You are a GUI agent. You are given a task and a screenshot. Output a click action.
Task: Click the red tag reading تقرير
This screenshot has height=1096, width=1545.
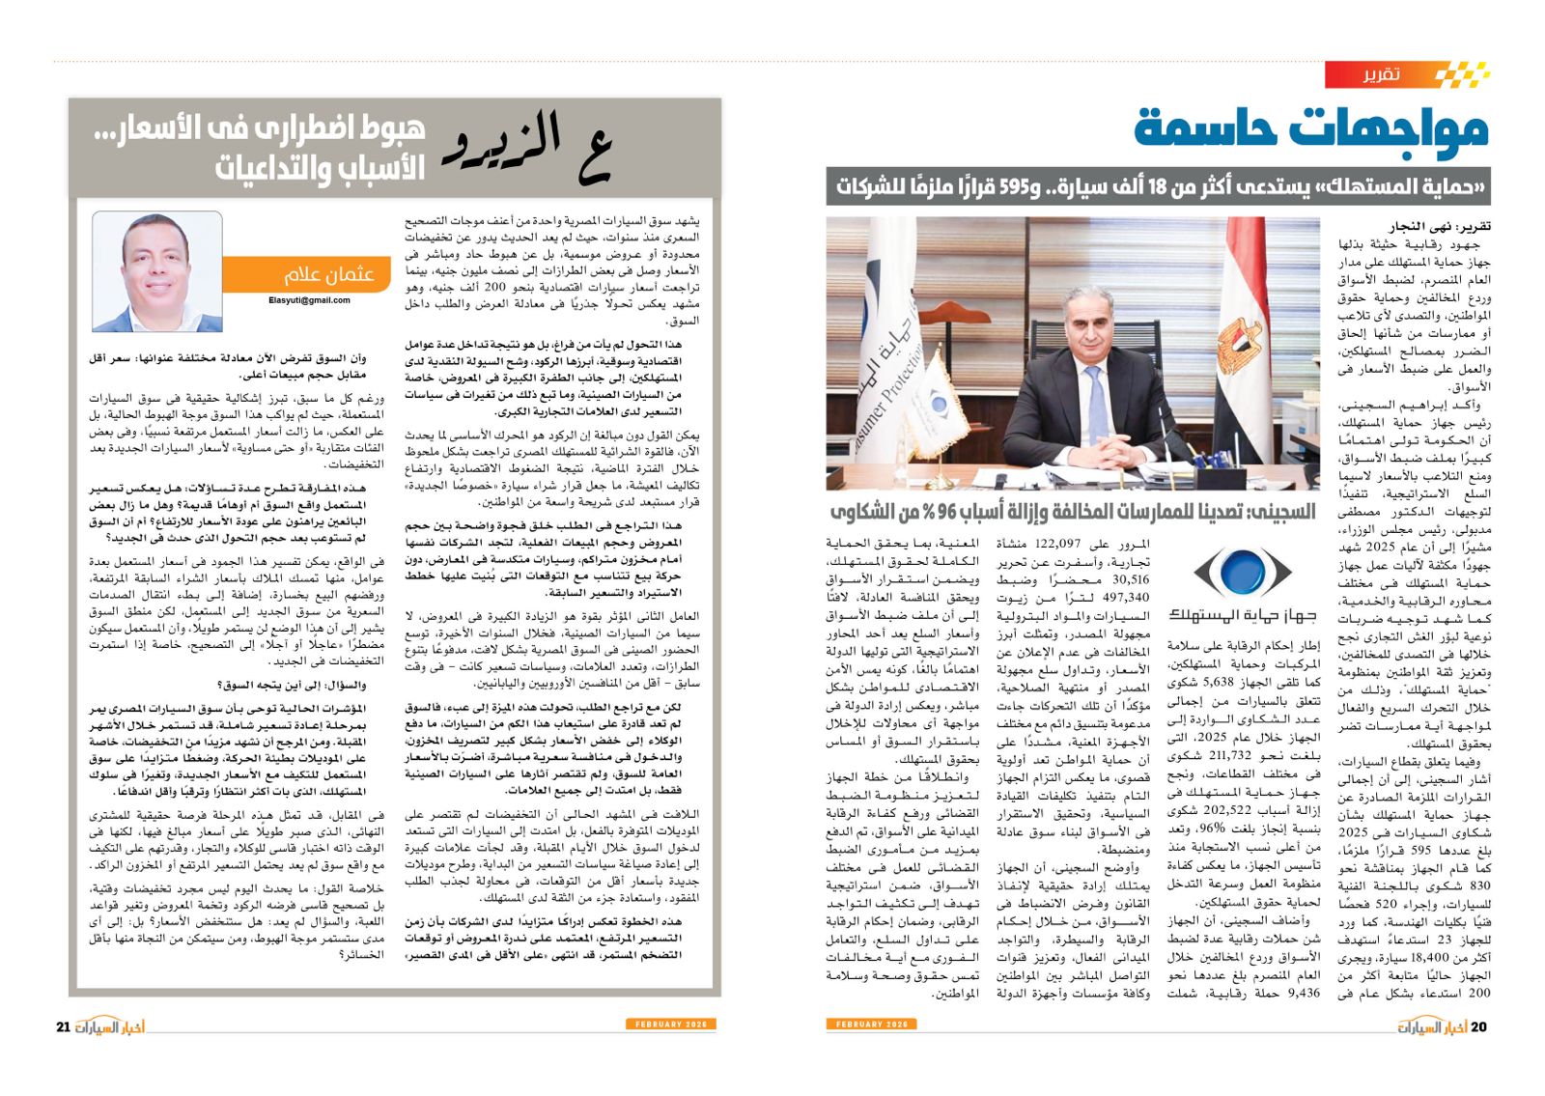pyautogui.click(x=1380, y=74)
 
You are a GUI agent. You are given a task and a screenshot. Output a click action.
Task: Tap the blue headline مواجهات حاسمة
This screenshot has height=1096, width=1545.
pyautogui.click(x=1311, y=127)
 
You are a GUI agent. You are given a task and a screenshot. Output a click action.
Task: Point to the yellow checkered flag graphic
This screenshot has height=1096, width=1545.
pyautogui.click(x=1461, y=74)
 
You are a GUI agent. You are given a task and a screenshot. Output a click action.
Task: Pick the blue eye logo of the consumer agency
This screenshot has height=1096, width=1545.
pyautogui.click(x=1243, y=572)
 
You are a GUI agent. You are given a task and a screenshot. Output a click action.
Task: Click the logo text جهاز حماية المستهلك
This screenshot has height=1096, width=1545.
pyautogui.click(x=1243, y=614)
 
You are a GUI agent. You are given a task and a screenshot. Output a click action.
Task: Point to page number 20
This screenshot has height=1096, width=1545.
pyautogui.click(x=1477, y=1026)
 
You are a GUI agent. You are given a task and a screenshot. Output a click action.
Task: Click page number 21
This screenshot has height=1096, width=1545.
pyautogui.click(x=64, y=1026)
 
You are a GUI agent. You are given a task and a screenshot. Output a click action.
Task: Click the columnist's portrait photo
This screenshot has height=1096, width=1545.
pyautogui.click(x=157, y=271)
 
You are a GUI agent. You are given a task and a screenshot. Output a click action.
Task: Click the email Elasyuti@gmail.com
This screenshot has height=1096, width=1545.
pyautogui.click(x=309, y=300)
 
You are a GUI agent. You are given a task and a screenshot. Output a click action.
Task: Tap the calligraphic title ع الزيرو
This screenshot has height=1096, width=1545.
pyautogui.click(x=527, y=150)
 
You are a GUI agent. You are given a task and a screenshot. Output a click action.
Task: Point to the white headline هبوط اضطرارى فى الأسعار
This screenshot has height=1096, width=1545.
pyautogui.click(x=259, y=128)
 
